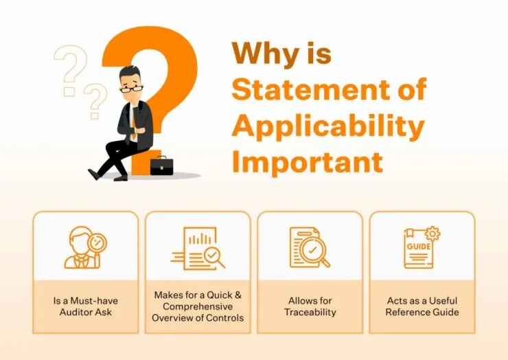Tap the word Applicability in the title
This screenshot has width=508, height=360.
coord(327,126)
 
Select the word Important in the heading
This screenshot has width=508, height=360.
coord(307,161)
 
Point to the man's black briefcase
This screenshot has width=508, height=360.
coord(161,166)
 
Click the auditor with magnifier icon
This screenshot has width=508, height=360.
coord(85,247)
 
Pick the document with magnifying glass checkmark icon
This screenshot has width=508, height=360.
coord(310,247)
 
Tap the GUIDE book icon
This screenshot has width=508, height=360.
coord(420,247)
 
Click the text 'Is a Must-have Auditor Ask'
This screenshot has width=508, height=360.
coord(85,306)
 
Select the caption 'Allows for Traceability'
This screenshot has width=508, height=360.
coord(310,306)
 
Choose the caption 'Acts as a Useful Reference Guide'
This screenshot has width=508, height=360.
coord(422,306)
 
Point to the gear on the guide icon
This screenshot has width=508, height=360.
coord(432,234)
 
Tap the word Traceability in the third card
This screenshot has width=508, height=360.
coord(310,313)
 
